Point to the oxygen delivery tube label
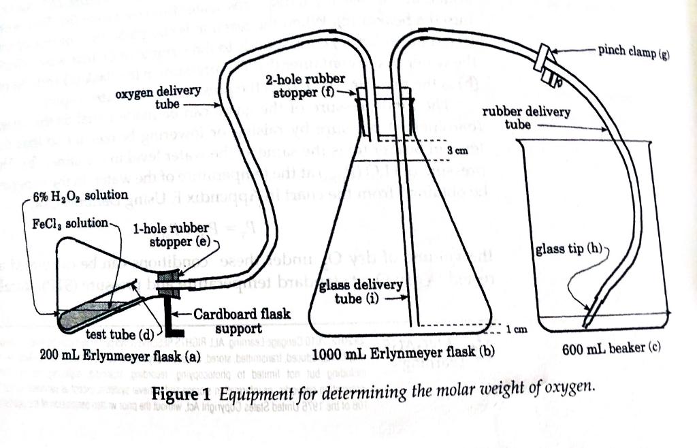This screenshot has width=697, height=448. (158, 97)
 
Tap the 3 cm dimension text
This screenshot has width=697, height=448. (460, 150)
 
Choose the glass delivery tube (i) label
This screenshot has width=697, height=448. (361, 291)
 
